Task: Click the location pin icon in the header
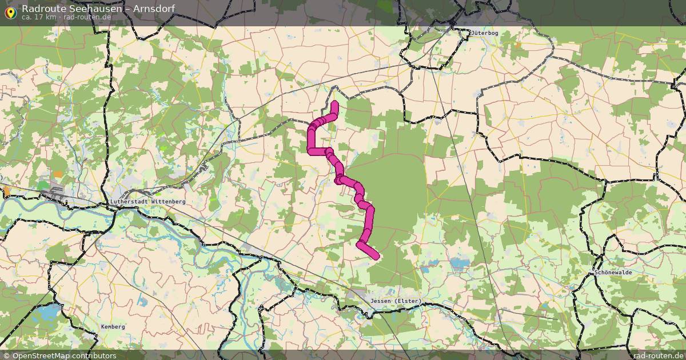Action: [x=10, y=12]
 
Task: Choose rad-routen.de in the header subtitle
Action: [x=87, y=17]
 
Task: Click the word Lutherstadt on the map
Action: [x=129, y=202]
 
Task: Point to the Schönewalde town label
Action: [x=613, y=273]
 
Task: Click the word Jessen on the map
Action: [x=381, y=301]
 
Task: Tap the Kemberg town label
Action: [x=113, y=327]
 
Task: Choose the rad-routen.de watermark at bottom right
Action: [x=658, y=355]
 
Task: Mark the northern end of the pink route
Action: [x=334, y=103]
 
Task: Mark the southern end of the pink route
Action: [x=376, y=257]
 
